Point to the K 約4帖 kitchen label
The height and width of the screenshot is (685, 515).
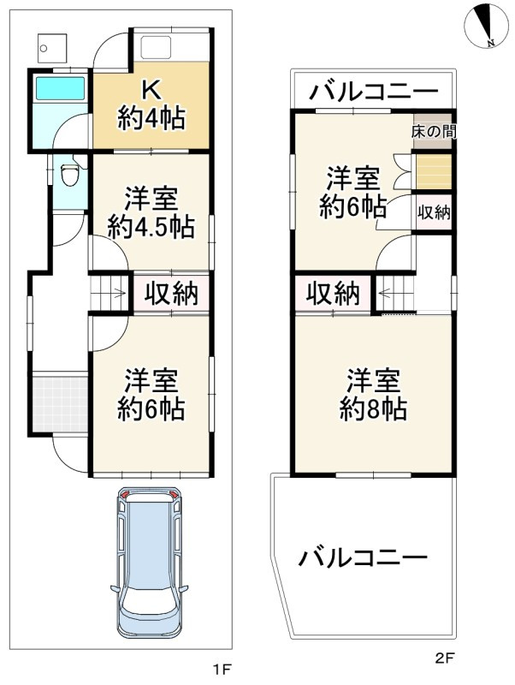[x=151, y=104]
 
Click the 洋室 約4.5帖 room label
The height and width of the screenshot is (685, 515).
[x=151, y=213]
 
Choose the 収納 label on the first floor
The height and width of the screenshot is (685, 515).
[x=170, y=294]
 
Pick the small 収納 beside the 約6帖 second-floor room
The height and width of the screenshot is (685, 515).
[x=433, y=213]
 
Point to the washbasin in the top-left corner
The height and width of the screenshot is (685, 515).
[x=48, y=48]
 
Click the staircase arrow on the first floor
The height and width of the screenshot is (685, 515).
[x=110, y=294]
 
